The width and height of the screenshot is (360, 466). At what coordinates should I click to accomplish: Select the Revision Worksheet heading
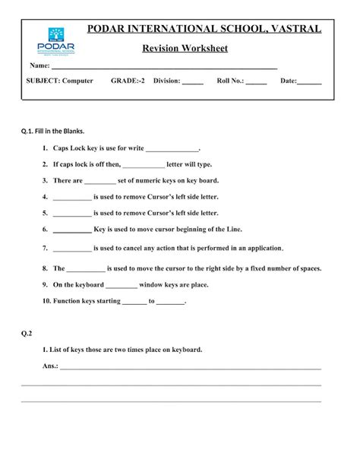click(185, 49)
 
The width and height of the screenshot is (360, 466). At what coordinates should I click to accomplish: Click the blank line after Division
click(193, 81)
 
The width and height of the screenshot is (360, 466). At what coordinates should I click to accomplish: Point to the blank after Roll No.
click(256, 81)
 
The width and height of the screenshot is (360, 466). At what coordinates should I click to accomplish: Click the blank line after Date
click(309, 81)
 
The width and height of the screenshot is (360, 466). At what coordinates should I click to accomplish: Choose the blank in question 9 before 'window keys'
click(122, 286)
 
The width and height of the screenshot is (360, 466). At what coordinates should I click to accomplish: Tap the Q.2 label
click(27, 333)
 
